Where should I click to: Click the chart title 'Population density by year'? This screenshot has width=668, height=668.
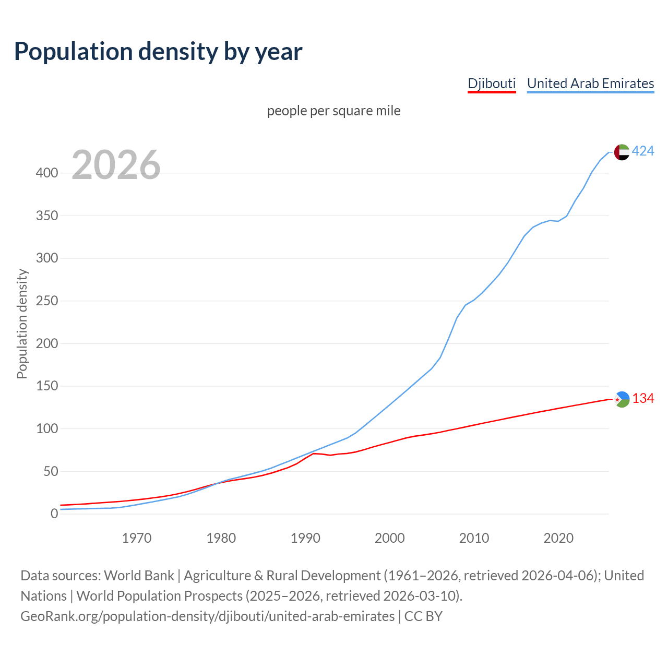coord(158,52)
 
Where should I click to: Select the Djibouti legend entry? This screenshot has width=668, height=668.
coord(492,83)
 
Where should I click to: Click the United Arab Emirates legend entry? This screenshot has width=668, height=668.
coord(590,83)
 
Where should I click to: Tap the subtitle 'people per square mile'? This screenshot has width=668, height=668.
coord(333,111)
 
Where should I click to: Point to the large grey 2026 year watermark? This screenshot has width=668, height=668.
coord(116,165)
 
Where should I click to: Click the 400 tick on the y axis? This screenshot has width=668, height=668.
coord(46,173)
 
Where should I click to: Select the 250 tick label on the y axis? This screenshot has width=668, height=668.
coord(46,301)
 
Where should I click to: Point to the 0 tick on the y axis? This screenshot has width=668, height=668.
coord(54,514)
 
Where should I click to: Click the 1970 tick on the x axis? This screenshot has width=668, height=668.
coord(137,538)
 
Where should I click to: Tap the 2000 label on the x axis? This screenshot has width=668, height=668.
coord(390,538)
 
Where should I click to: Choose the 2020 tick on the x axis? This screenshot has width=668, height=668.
coord(558,538)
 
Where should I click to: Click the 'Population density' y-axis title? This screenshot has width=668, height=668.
coord(22,324)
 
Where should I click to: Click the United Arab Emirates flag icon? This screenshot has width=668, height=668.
coord(622,152)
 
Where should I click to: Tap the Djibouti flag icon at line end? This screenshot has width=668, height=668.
coord(622,399)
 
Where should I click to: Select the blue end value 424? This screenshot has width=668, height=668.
coord(643,151)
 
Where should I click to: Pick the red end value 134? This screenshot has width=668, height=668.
coord(643,399)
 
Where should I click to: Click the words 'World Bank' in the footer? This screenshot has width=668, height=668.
coord(139,576)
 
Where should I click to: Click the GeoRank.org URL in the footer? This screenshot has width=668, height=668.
coord(207,616)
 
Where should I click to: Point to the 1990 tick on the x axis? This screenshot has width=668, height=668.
coord(305,538)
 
